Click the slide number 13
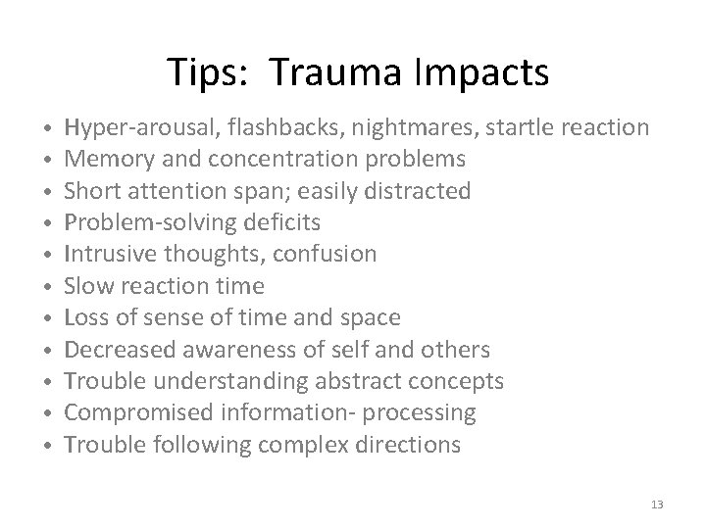click(x=656, y=503)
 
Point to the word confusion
click(x=324, y=255)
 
